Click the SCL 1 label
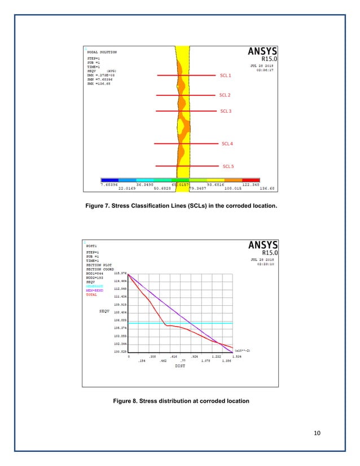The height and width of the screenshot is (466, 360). [226, 75]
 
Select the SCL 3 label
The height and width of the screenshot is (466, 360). [225, 111]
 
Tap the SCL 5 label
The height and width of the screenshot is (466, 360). [228, 166]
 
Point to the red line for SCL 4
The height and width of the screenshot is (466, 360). [169, 144]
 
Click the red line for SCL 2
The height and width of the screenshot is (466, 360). [169, 95]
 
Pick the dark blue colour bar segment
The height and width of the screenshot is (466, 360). [110, 179]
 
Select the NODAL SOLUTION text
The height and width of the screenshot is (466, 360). [102, 52]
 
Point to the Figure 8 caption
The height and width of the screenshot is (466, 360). [179, 401]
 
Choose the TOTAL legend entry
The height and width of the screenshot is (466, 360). [91, 294]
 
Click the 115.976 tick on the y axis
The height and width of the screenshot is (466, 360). [120, 274]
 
